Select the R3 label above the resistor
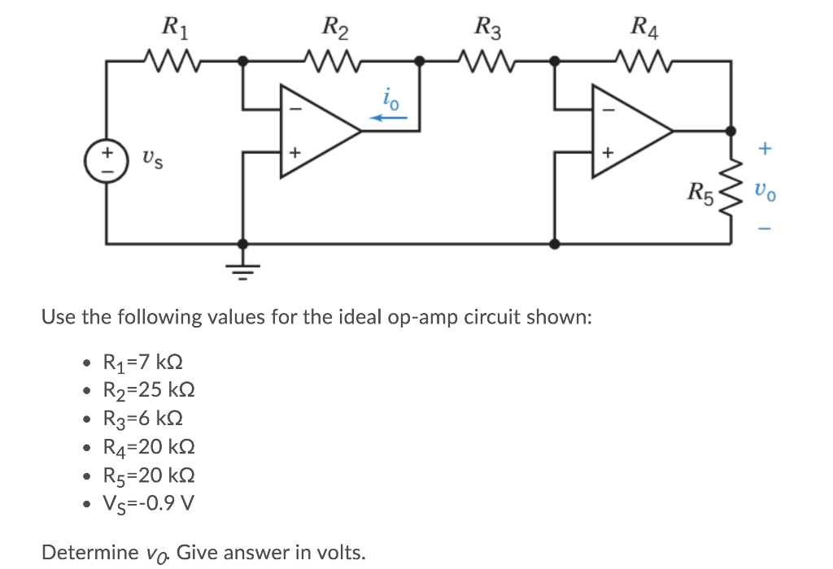click(489, 30)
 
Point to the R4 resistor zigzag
click(642, 59)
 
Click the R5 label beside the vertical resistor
click(700, 193)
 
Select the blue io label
click(390, 99)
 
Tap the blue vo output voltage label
click(765, 193)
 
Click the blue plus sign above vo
click(763, 149)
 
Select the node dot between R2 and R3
click(420, 59)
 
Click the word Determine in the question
click(89, 553)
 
